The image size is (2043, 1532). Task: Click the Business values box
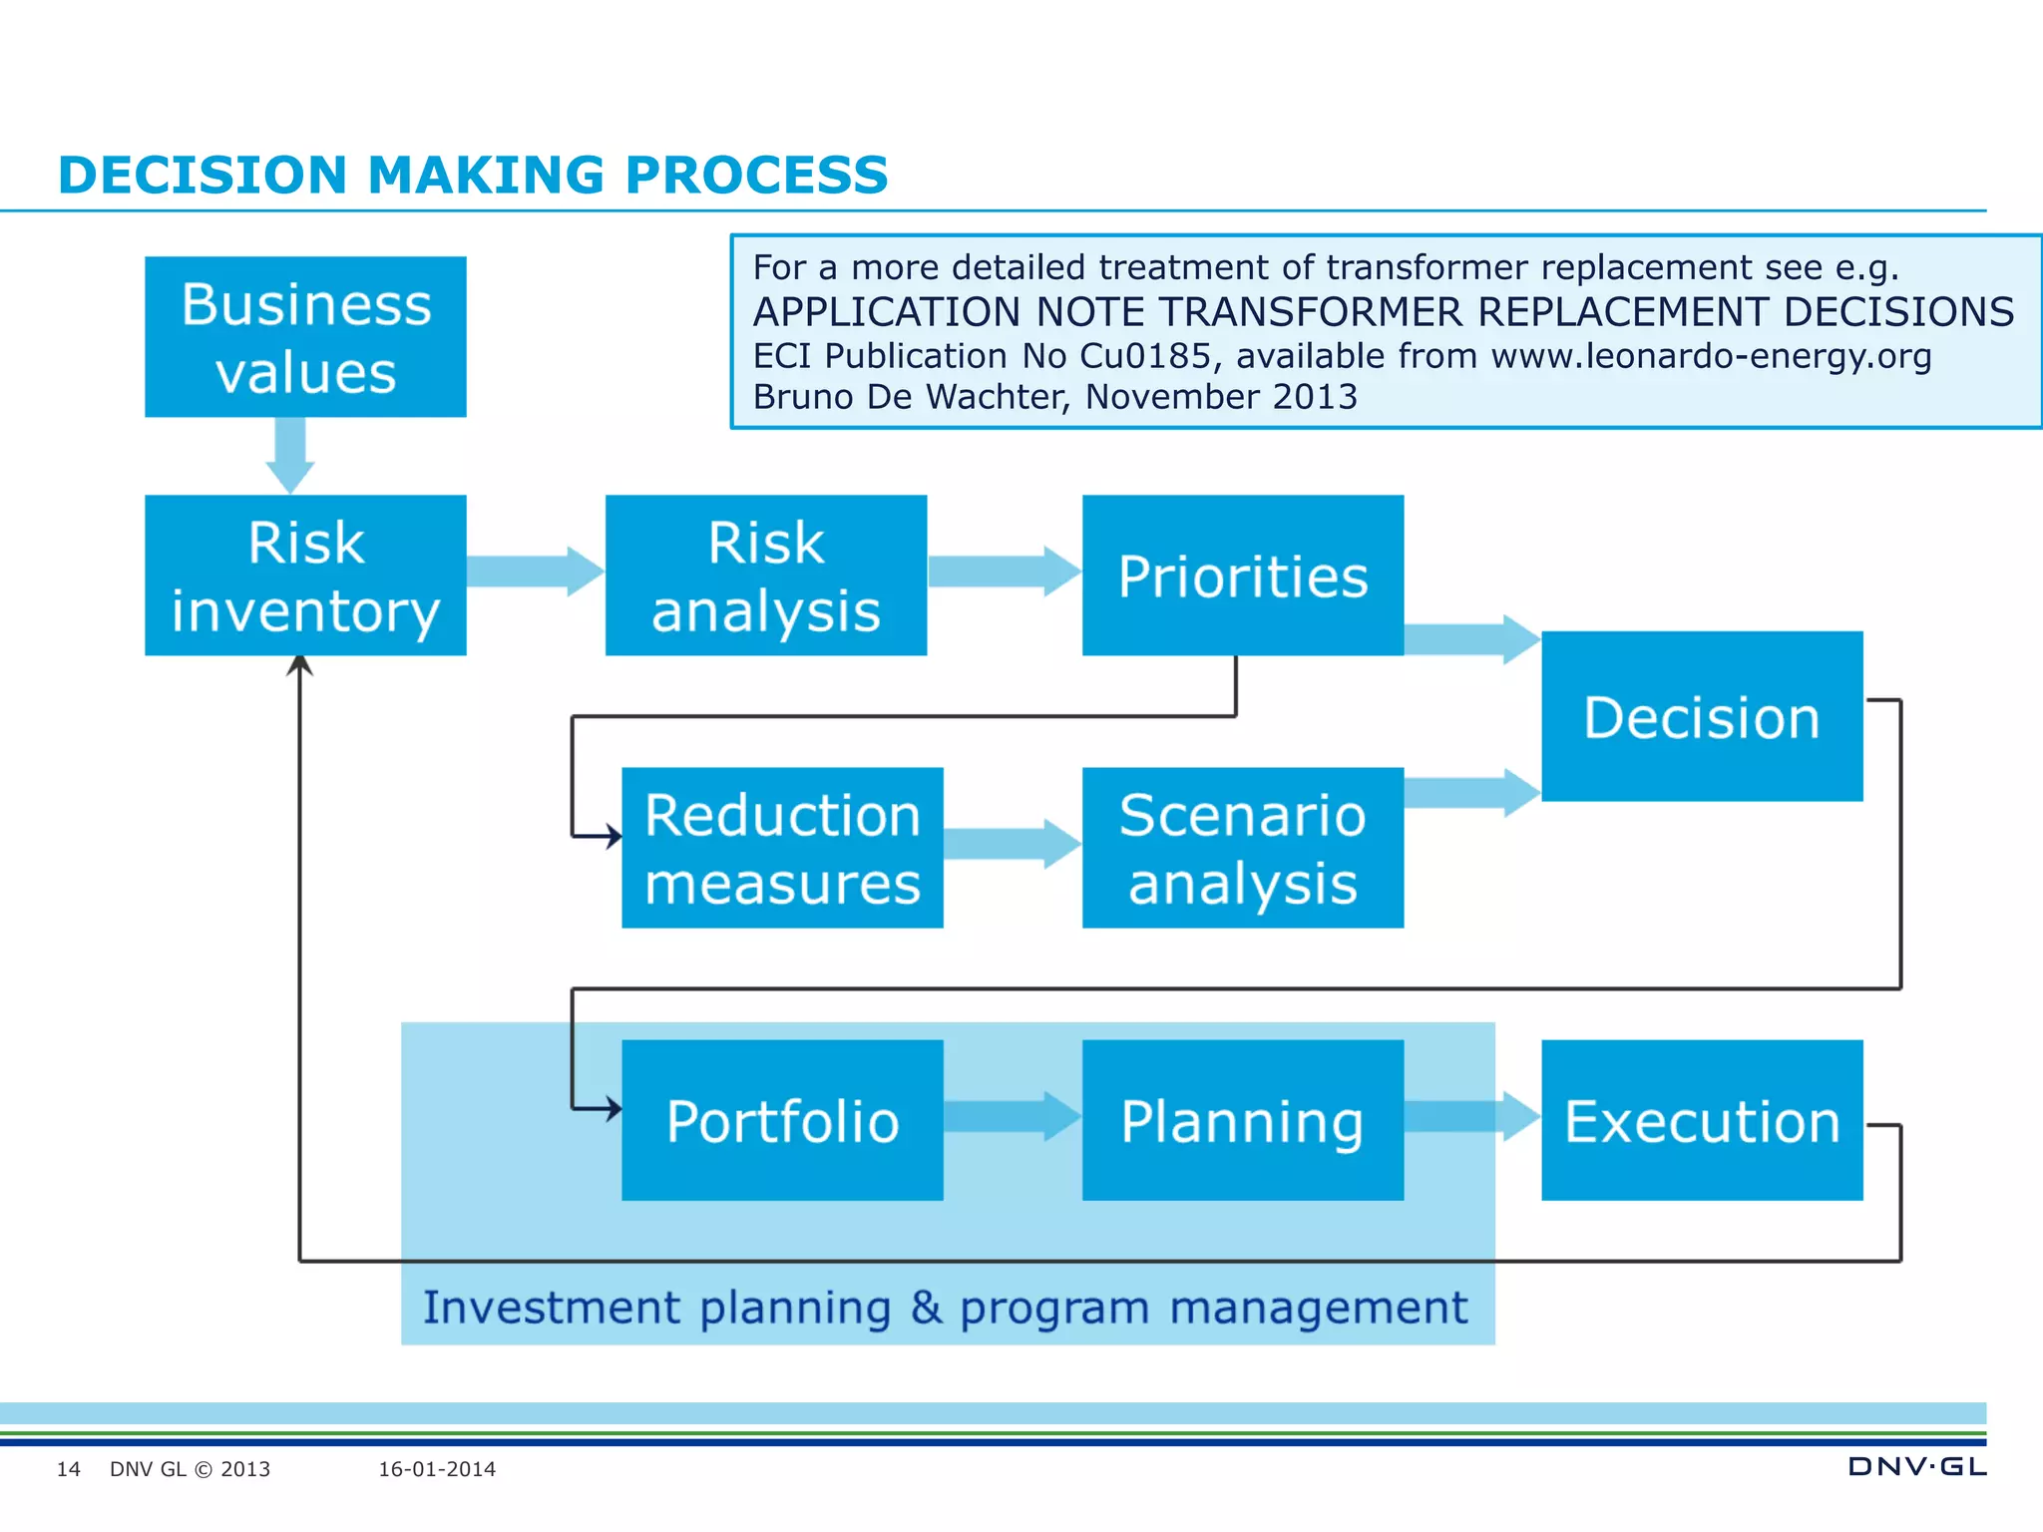305,337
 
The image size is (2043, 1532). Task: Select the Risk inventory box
305,575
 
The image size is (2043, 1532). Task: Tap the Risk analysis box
765,575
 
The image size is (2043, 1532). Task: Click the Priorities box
1242,575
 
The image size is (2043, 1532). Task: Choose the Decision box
1701,716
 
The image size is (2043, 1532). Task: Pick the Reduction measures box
782,848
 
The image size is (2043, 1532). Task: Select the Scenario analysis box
1242,848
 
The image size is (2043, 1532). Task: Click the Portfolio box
782,1120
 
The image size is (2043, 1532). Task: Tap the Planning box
1242,1120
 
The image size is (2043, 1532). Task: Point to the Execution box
1701,1120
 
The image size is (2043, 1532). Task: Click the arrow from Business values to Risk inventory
290,454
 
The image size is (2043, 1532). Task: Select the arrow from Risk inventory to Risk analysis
534,572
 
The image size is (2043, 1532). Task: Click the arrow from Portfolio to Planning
1011,1116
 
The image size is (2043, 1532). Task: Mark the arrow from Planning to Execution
1471,1116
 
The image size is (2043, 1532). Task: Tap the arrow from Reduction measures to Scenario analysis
1011,844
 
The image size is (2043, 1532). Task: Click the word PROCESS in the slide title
755,176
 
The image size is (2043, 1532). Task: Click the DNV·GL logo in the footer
1916,1466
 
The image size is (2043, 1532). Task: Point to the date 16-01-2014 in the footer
437,1469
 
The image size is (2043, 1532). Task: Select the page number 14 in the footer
68,1469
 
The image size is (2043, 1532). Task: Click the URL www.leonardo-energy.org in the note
1711,356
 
